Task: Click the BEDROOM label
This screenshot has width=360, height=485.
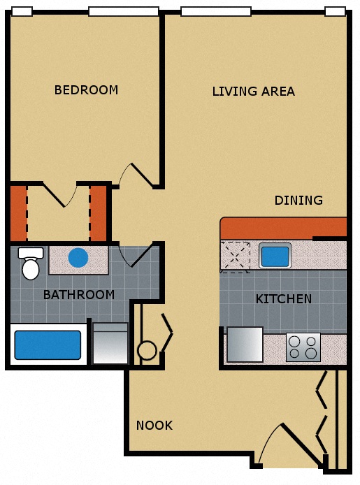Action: click(86, 90)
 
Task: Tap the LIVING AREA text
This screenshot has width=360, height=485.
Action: click(253, 92)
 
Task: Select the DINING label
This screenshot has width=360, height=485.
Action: click(298, 201)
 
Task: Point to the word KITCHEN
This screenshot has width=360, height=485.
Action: click(283, 299)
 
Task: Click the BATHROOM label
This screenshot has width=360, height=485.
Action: click(79, 295)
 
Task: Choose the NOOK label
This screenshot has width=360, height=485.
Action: click(154, 425)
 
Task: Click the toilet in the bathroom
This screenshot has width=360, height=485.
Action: click(30, 264)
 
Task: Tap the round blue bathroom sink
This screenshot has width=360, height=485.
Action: click(78, 258)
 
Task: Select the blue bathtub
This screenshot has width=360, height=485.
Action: click(48, 345)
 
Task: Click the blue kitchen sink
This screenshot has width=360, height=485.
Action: click(275, 256)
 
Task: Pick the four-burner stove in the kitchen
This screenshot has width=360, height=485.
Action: click(303, 347)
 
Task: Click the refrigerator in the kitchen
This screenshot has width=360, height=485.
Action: click(245, 345)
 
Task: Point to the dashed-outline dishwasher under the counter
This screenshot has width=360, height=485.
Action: click(236, 256)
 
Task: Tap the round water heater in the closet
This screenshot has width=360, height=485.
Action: click(147, 350)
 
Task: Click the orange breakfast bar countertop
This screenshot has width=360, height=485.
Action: click(283, 228)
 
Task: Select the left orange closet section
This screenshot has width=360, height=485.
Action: click(17, 213)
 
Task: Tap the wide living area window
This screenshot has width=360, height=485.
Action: click(215, 11)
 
